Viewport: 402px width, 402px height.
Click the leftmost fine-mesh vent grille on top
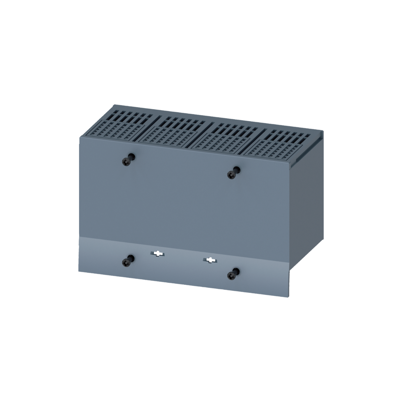(x=117, y=130)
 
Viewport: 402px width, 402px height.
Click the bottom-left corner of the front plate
(x=79, y=271)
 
